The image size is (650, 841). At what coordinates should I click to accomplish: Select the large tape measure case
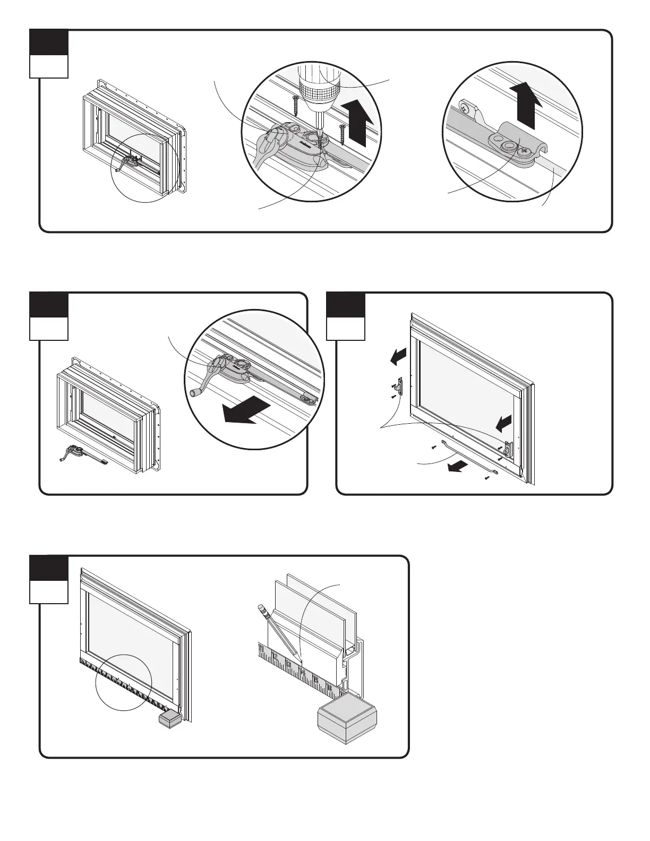point(347,719)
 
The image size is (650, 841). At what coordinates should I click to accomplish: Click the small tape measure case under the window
point(170,719)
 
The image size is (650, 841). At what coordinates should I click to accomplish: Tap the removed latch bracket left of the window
point(401,386)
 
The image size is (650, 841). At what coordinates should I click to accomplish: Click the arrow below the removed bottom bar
point(457,466)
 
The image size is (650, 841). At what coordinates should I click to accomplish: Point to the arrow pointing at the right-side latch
point(503,423)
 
